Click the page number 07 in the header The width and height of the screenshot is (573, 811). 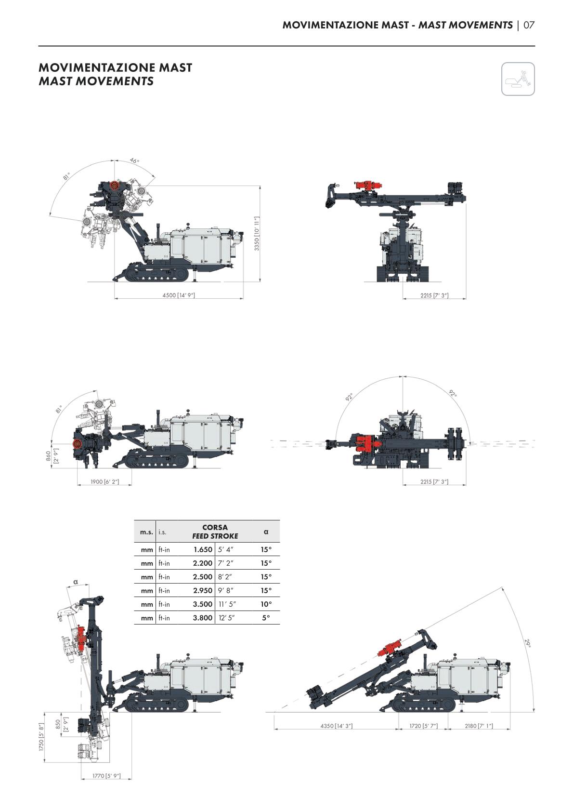pyautogui.click(x=529, y=25)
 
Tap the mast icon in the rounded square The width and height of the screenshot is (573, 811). pyautogui.click(x=518, y=79)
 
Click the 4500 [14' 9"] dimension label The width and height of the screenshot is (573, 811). pyautogui.click(x=179, y=295)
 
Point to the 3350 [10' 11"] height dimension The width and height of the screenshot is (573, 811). pyautogui.click(x=257, y=234)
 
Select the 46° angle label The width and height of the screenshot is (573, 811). pyautogui.click(x=134, y=160)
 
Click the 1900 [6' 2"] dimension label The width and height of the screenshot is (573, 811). pyautogui.click(x=104, y=481)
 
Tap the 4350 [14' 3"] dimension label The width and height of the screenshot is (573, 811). pyautogui.click(x=337, y=726)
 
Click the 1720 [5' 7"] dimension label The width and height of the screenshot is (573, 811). pyautogui.click(x=423, y=726)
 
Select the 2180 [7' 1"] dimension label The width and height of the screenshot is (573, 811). pyautogui.click(x=479, y=726)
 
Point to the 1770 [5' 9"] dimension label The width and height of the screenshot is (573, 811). pyautogui.click(x=106, y=776)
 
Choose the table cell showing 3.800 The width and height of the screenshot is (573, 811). pyautogui.click(x=203, y=618)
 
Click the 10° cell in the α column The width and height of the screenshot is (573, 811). pyautogui.click(x=266, y=604)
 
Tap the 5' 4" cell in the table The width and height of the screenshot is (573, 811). pyautogui.click(x=226, y=550)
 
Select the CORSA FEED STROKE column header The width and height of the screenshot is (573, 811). pyautogui.click(x=215, y=532)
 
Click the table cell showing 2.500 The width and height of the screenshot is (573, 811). pyautogui.click(x=203, y=577)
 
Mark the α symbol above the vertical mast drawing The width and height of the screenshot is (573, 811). pyautogui.click(x=76, y=582)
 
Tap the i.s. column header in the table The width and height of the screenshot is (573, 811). pyautogui.click(x=162, y=532)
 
